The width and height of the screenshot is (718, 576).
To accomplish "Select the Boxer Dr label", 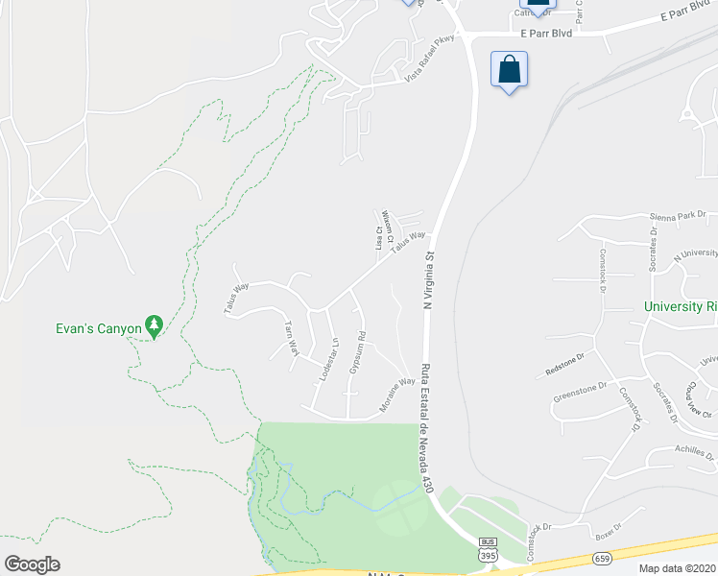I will pos(609,532).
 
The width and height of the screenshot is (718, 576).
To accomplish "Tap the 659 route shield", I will pos(602,557).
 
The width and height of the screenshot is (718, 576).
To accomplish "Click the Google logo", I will pos(32,564).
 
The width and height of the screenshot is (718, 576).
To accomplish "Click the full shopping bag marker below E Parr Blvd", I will pos(509,71).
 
